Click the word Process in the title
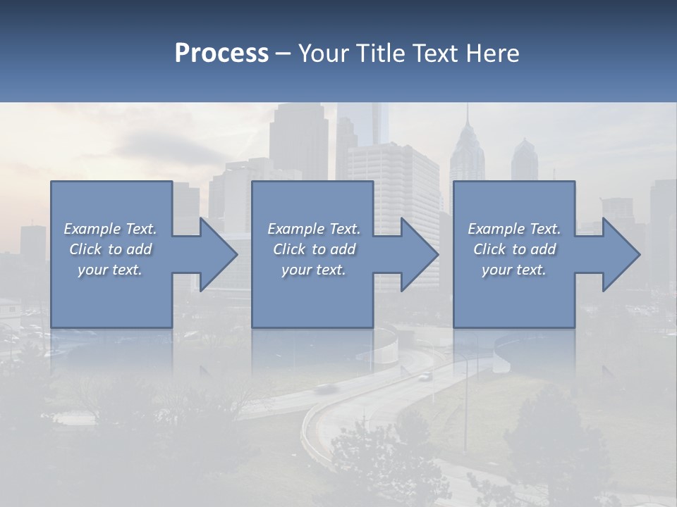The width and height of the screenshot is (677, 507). click(x=221, y=54)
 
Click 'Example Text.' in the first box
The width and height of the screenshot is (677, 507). click(x=110, y=229)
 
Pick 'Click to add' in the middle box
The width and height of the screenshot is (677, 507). click(x=314, y=249)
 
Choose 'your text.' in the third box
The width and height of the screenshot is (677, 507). click(x=513, y=270)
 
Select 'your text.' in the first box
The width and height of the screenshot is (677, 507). click(x=110, y=270)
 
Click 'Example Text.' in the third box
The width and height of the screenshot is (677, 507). click(x=513, y=229)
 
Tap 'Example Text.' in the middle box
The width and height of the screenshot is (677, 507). click(x=314, y=229)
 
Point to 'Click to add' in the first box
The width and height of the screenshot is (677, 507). click(x=110, y=249)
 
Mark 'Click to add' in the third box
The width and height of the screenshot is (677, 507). click(x=513, y=249)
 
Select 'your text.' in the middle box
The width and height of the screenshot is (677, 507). click(x=314, y=270)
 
